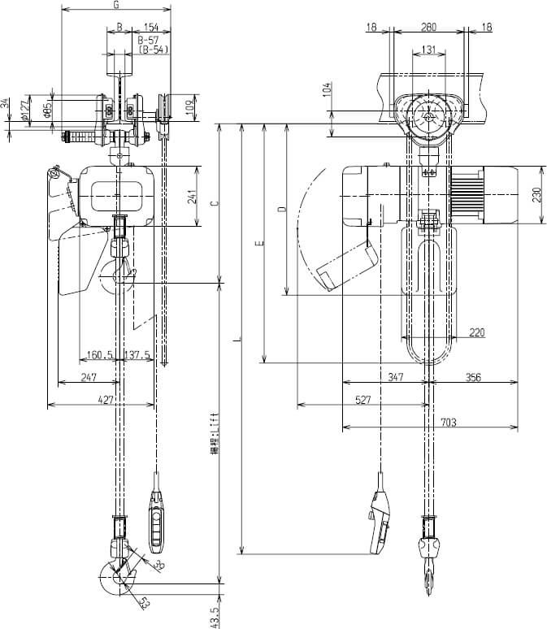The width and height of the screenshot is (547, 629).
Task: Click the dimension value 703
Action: [449, 421]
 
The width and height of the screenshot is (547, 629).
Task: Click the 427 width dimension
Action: [106, 399]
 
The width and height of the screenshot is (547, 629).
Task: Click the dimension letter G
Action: [118, 6]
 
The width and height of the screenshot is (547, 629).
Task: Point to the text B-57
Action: [148, 39]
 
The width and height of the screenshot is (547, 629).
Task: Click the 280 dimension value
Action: [429, 27]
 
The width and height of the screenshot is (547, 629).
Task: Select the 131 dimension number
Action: [430, 50]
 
